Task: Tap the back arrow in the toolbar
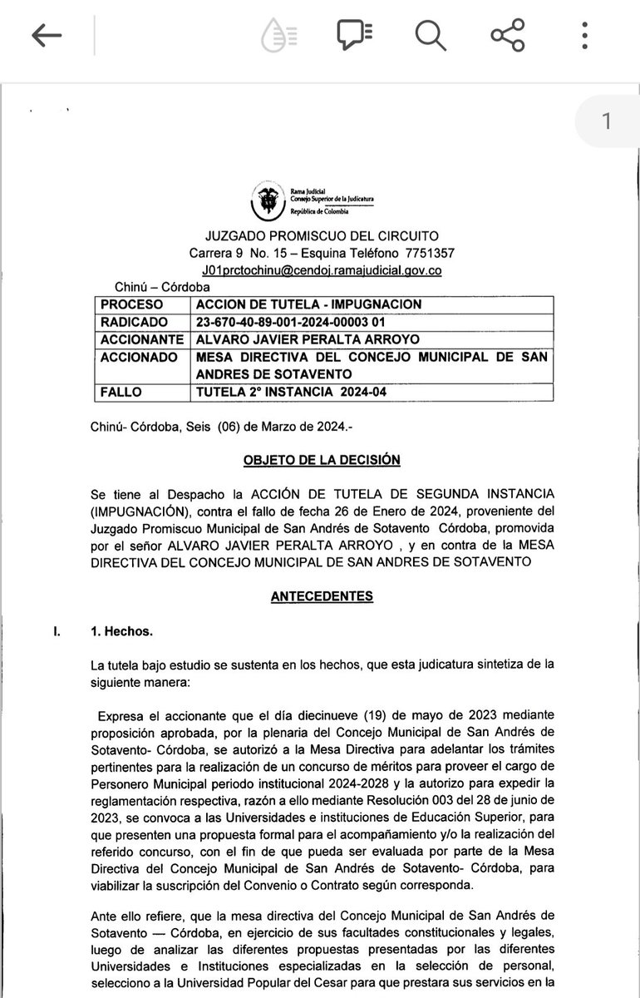tap(47, 36)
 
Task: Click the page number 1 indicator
tap(607, 121)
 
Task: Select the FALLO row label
tap(120, 391)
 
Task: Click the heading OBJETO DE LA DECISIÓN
tap(321, 459)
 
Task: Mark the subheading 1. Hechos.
tap(122, 631)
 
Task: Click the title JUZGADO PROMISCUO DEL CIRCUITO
tap(322, 235)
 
